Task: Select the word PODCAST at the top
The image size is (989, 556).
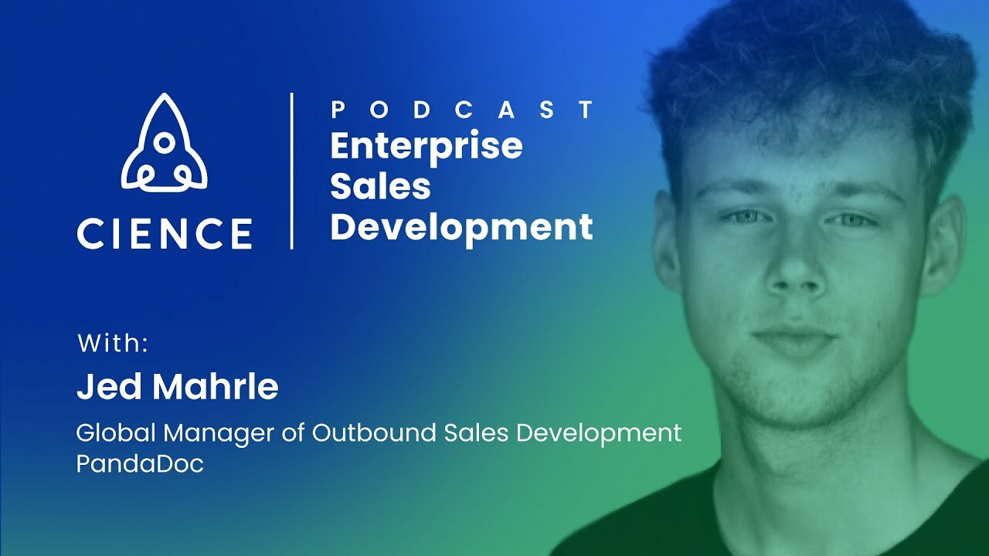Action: click(462, 110)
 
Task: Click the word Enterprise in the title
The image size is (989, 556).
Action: click(427, 147)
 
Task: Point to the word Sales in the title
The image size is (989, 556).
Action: click(380, 186)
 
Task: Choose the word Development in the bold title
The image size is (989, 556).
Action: click(461, 227)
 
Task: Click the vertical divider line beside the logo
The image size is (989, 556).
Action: click(291, 171)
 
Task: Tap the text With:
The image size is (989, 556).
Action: click(113, 344)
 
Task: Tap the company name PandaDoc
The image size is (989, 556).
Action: click(140, 465)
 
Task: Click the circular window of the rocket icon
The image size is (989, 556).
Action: click(164, 142)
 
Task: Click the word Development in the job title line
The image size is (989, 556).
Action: click(599, 433)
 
